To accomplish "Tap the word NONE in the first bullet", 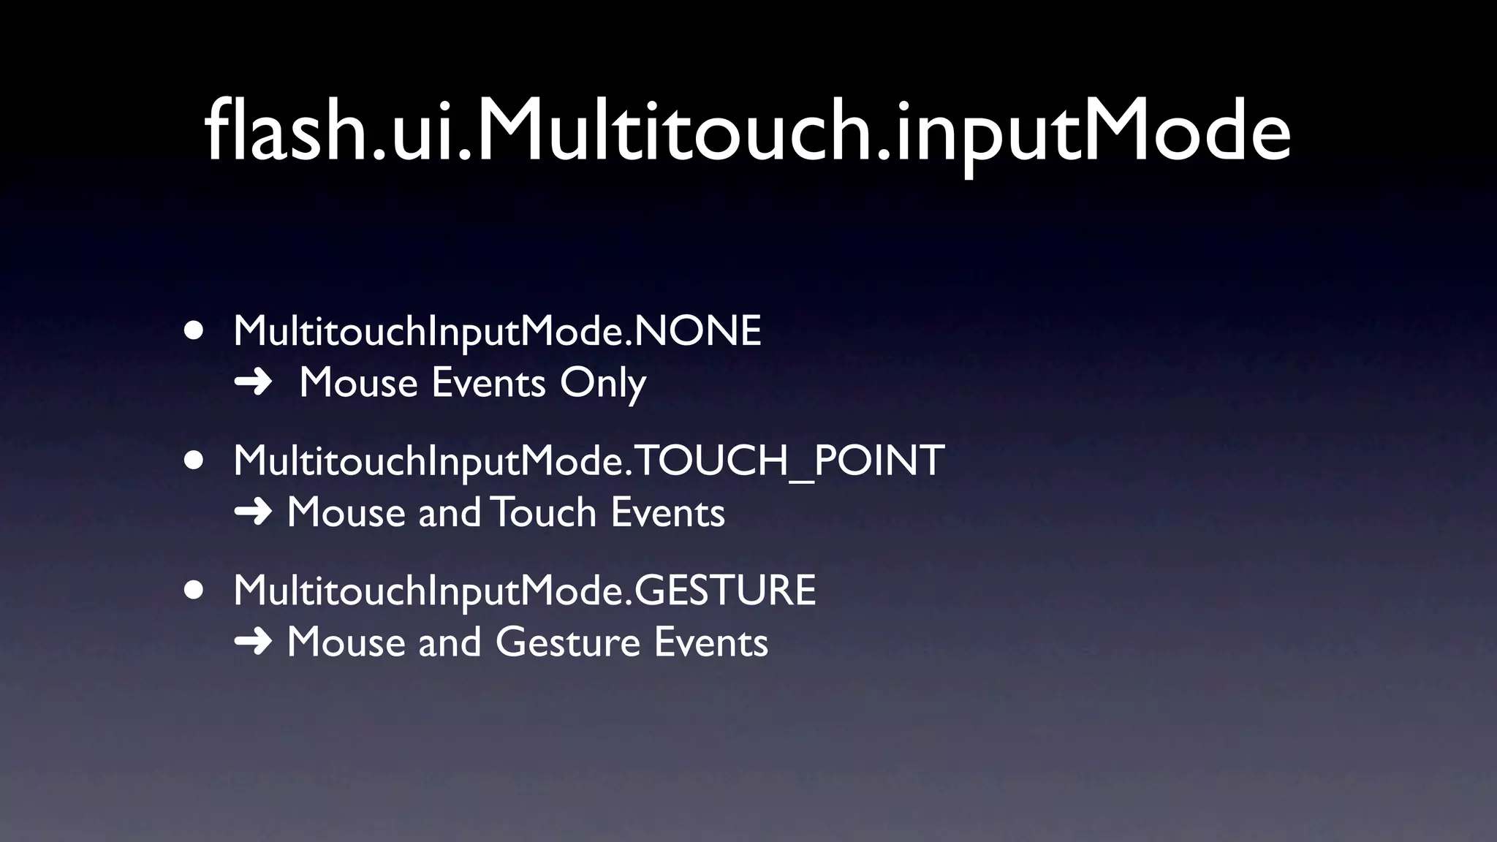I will (698, 331).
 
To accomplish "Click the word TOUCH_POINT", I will (789, 460).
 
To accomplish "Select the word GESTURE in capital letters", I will (724, 591).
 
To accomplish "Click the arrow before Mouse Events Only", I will (253, 383).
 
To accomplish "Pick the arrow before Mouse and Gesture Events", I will (253, 642).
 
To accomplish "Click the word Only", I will (603, 383).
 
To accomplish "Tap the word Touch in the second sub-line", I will (545, 512).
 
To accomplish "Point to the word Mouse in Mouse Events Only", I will (358, 383).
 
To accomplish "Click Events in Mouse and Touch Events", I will (667, 512).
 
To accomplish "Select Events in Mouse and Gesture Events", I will (710, 642).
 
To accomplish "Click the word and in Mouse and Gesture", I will (450, 642).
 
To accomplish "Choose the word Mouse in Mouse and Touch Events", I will (346, 512).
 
